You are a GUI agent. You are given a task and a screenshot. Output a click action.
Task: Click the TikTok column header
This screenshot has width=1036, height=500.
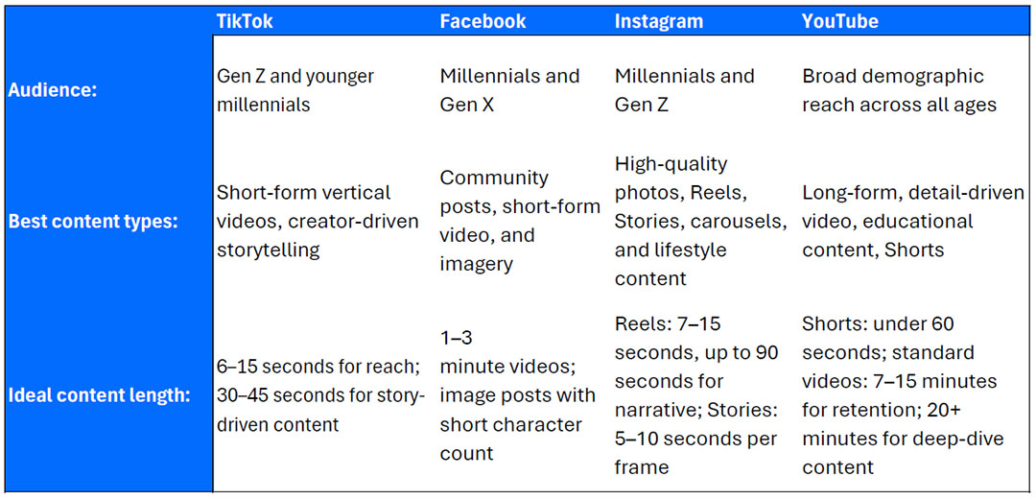coord(245,21)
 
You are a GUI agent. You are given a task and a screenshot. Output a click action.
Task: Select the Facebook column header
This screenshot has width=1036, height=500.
coord(483,21)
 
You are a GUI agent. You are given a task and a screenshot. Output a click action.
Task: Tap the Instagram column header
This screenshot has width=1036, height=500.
coord(659,21)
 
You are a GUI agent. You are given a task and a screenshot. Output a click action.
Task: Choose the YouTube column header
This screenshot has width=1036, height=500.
coord(840,21)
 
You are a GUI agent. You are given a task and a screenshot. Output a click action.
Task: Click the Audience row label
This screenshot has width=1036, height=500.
coord(52,90)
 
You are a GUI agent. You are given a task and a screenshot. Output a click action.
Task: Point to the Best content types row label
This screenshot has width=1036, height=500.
coord(92,222)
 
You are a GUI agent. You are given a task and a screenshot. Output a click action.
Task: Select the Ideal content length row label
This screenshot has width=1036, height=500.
coord(99,396)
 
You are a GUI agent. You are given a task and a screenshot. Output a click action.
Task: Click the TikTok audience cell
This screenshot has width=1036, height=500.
coord(295,90)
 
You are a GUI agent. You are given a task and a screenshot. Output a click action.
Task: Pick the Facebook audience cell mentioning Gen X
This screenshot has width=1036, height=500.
coord(509,90)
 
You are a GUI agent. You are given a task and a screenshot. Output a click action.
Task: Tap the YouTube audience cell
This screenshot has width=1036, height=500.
coord(899,90)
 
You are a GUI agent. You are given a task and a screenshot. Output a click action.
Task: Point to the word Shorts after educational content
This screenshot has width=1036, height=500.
coord(914,250)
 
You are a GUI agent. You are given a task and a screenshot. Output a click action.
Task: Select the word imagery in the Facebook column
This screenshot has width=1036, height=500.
coord(477,264)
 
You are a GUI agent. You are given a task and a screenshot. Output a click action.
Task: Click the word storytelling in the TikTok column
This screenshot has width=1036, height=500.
coord(269,250)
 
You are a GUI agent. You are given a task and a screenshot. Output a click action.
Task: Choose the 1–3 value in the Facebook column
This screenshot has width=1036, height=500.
coord(456,337)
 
